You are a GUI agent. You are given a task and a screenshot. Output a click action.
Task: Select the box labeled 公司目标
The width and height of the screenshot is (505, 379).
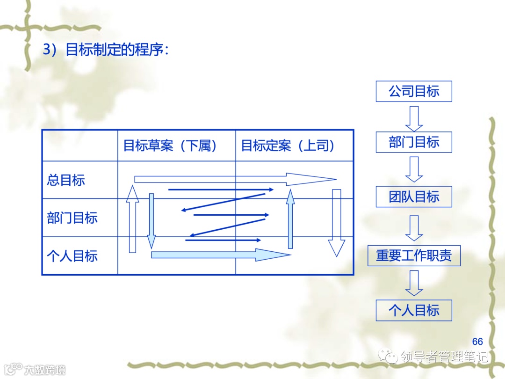point(414,91)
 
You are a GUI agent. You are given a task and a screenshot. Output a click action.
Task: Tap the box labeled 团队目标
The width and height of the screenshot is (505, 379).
point(414,197)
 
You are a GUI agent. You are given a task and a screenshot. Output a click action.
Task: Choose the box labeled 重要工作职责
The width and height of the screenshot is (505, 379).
point(414,255)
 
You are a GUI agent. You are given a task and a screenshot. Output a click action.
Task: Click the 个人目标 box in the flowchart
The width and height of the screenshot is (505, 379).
point(414,310)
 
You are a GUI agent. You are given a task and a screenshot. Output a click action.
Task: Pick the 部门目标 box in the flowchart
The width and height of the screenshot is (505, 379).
point(414,142)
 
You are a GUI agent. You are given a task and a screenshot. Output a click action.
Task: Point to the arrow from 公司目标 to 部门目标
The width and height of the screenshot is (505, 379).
point(414,118)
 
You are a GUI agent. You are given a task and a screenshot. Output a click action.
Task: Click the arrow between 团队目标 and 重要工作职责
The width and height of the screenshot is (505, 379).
point(414,227)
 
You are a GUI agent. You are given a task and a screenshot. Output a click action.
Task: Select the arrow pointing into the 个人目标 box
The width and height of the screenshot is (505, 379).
point(414,283)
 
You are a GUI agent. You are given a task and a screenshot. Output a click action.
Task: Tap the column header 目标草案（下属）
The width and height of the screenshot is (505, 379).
point(171,146)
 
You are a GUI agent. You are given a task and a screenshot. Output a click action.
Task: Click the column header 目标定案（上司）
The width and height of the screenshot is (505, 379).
point(288,146)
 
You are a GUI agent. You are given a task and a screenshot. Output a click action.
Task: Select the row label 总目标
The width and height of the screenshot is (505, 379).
point(66,180)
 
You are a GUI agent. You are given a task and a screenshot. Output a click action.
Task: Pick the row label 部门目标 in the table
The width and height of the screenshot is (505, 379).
point(72,218)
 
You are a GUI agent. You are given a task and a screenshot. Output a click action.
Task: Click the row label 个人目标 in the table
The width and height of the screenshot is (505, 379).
point(72,256)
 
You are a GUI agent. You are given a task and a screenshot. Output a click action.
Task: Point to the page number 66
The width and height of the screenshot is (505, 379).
point(477,342)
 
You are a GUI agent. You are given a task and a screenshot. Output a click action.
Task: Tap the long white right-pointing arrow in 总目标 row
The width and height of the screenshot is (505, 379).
point(234,179)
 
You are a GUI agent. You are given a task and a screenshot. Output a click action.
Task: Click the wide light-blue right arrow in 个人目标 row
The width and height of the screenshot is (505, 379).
point(220,255)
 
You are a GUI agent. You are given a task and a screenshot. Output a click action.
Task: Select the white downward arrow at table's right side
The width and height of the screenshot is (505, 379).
point(336,222)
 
